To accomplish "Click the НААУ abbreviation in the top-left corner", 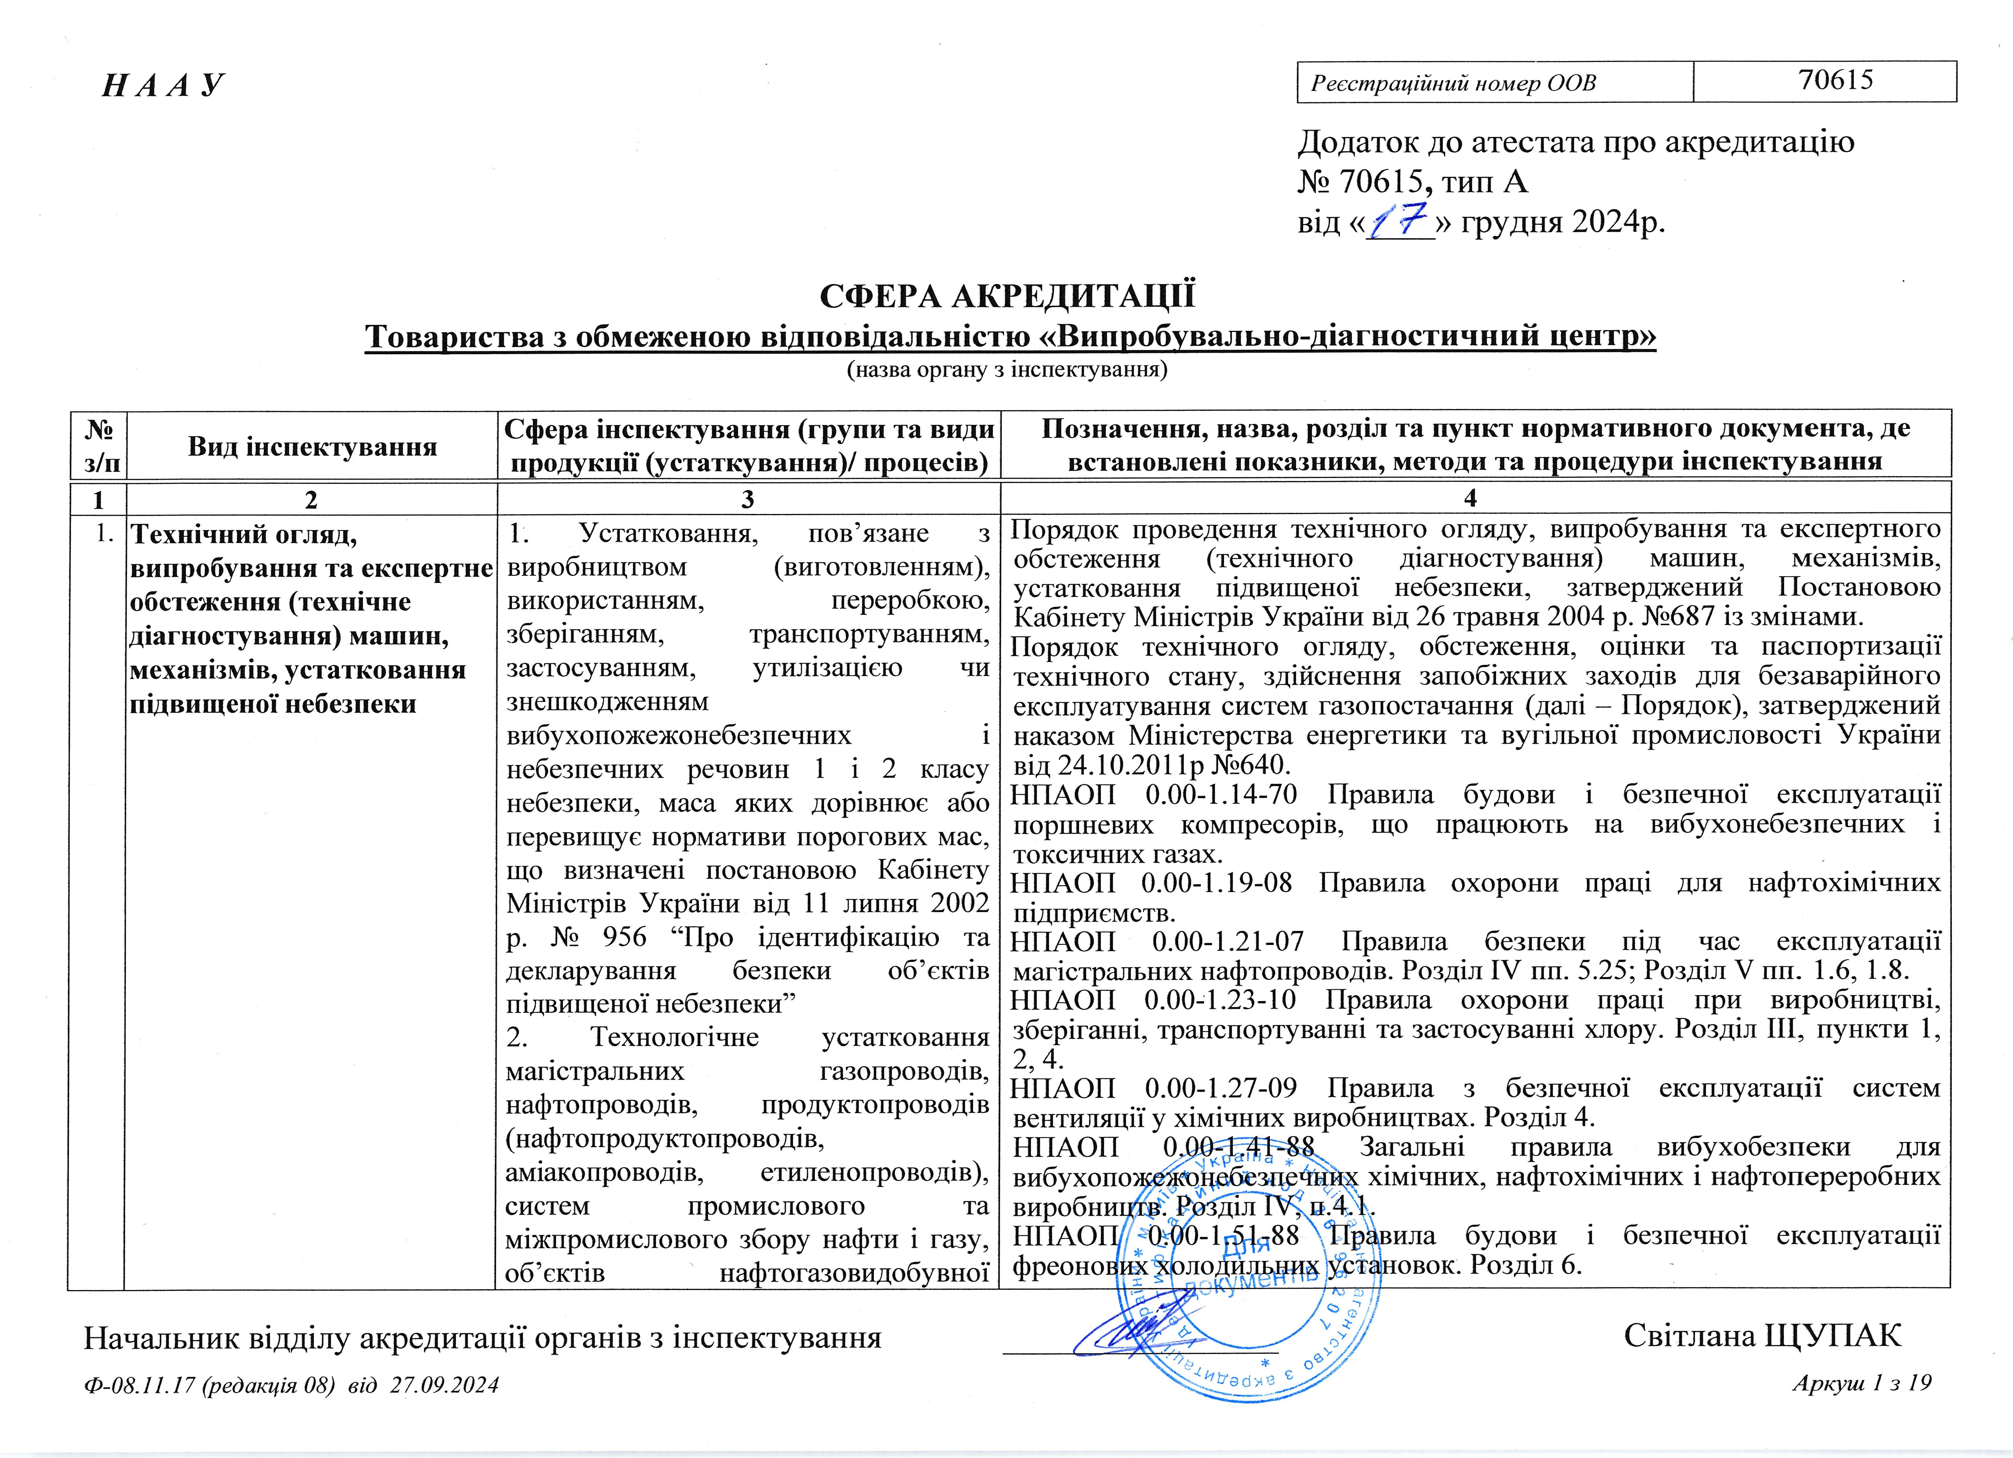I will tap(164, 85).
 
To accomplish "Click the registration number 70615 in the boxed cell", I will tap(1835, 81).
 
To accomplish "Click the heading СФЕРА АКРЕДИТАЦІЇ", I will tap(1007, 295).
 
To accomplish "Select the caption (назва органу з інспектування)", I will tap(1007, 369).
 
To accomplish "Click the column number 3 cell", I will tap(747, 499).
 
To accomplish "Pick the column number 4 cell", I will tap(1470, 499).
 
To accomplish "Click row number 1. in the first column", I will tap(105, 533).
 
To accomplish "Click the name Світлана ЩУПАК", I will tap(1762, 1335).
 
